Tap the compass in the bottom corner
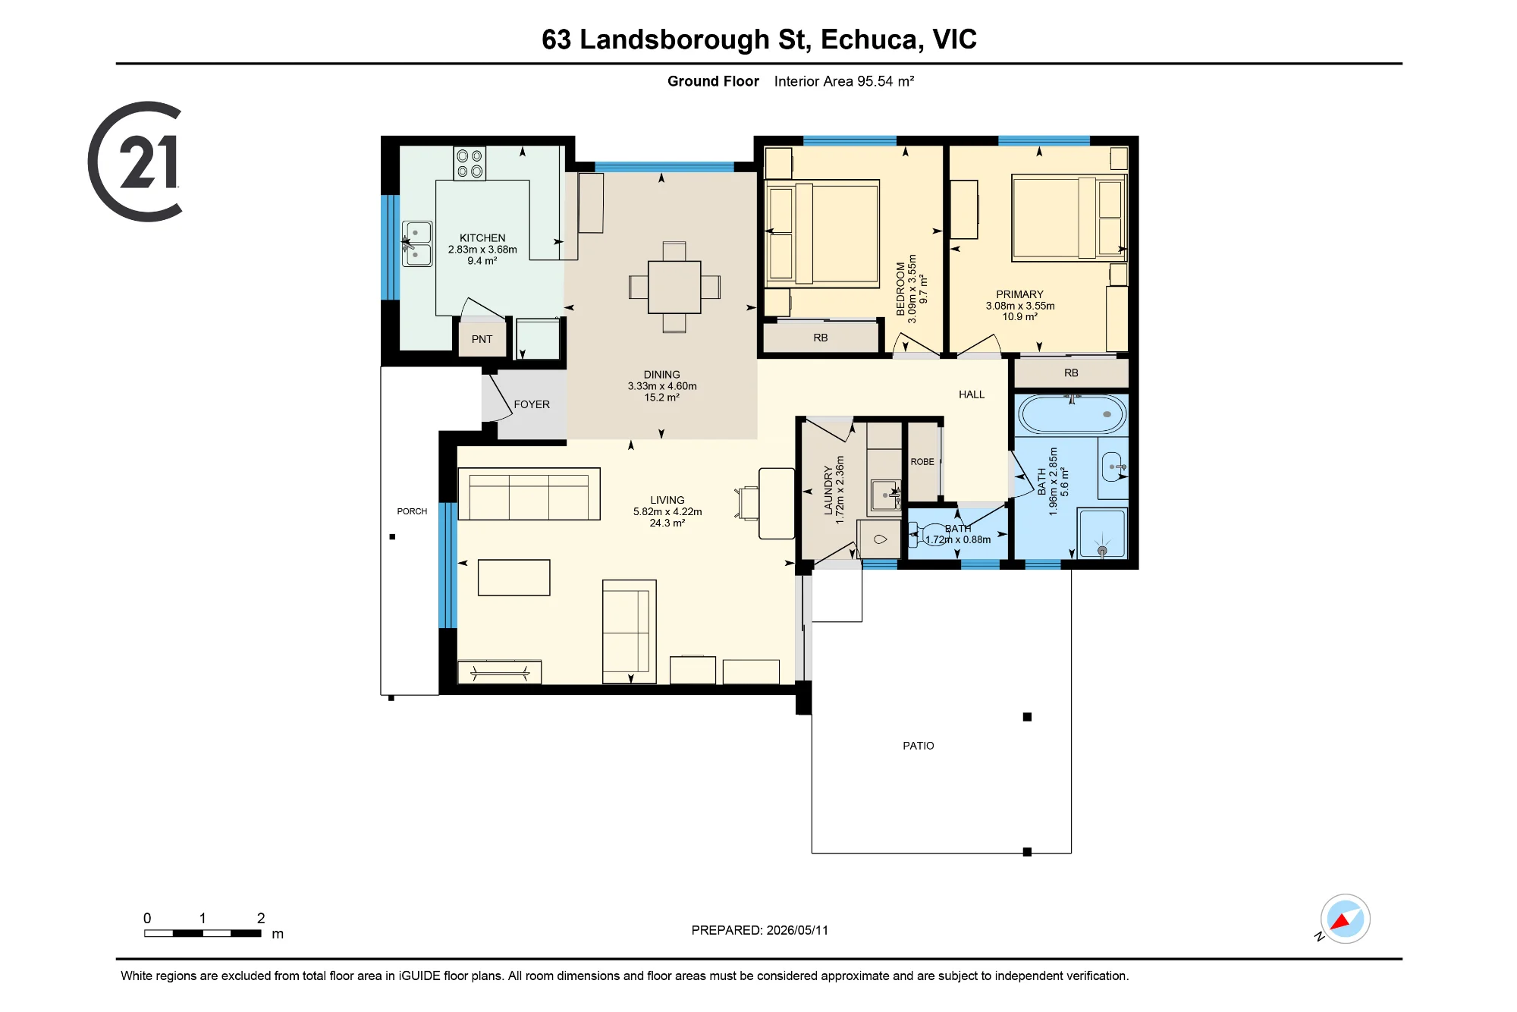pyautogui.click(x=1345, y=919)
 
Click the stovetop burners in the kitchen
pyautogui.click(x=470, y=163)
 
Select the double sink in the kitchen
pyautogui.click(x=416, y=244)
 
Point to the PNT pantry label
pyautogui.click(x=482, y=339)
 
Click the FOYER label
pyautogui.click(x=532, y=404)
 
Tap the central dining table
pyautogui.click(x=674, y=287)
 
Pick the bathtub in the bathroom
pyautogui.click(x=1072, y=414)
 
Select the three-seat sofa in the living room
pyautogui.click(x=529, y=494)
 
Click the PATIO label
pyautogui.click(x=919, y=746)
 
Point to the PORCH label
pyautogui.click(x=412, y=511)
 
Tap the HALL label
pyautogui.click(x=972, y=394)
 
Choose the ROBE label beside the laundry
pyautogui.click(x=922, y=461)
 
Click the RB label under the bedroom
pyautogui.click(x=821, y=338)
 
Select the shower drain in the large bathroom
pyautogui.click(x=1102, y=551)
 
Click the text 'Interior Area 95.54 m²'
pyautogui.click(x=844, y=81)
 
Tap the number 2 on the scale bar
pyautogui.click(x=261, y=918)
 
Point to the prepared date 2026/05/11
pyautogui.click(x=797, y=930)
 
